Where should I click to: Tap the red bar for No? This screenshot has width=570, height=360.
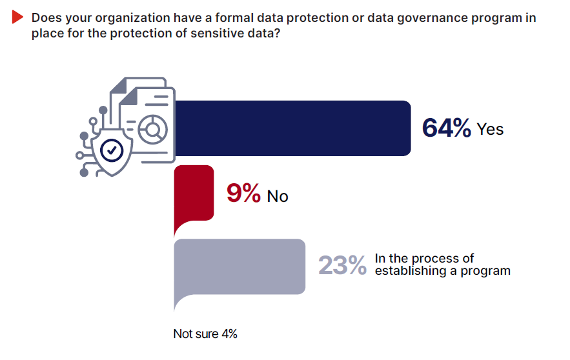click(194, 192)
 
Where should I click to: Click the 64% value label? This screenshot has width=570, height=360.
click(446, 128)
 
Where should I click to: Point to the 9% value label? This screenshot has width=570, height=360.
click(243, 194)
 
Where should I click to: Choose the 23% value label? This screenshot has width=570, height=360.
click(342, 265)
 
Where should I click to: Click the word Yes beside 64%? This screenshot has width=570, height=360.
click(490, 129)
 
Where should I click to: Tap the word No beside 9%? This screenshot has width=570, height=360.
click(278, 195)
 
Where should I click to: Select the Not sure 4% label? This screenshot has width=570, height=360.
click(205, 334)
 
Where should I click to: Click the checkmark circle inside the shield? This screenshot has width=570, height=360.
click(113, 150)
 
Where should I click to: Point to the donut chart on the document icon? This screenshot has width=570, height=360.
click(154, 130)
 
